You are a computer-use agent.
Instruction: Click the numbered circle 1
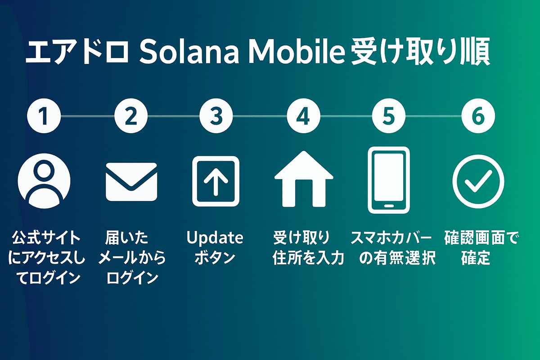pyautogui.click(x=44, y=116)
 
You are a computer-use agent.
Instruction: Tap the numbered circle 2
pyautogui.click(x=131, y=116)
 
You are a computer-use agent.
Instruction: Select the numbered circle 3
pyautogui.click(x=216, y=116)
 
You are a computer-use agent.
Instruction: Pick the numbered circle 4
pyautogui.click(x=303, y=116)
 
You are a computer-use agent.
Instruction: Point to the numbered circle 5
pyautogui.click(x=389, y=116)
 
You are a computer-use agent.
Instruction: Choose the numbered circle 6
pyautogui.click(x=478, y=116)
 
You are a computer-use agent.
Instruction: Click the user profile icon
pyautogui.click(x=44, y=181)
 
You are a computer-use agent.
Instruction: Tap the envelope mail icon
pyautogui.click(x=131, y=182)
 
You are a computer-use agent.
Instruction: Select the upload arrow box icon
pyautogui.click(x=216, y=181)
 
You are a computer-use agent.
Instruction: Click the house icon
pyautogui.click(x=304, y=179)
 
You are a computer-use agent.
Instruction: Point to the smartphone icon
pyautogui.click(x=389, y=180)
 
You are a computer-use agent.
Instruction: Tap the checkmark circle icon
pyautogui.click(x=478, y=181)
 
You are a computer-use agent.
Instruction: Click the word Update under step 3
pyautogui.click(x=215, y=238)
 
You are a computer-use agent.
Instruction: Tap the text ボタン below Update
pyautogui.click(x=215, y=257)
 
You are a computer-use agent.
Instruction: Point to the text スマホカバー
pyautogui.click(x=391, y=238)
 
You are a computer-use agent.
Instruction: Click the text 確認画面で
pyautogui.click(x=481, y=238)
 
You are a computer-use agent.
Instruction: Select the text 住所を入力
pyautogui.click(x=308, y=258)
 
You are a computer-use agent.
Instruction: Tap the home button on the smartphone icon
pyautogui.click(x=389, y=206)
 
